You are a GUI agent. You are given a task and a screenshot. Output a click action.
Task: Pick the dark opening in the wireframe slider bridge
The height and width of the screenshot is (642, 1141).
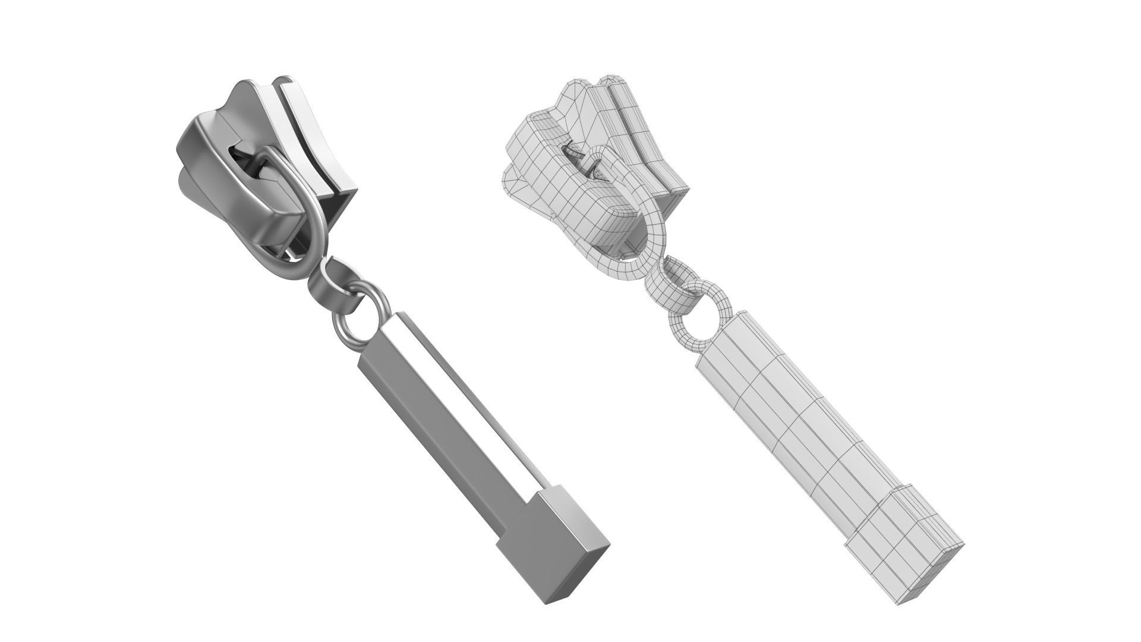pos(579,157)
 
